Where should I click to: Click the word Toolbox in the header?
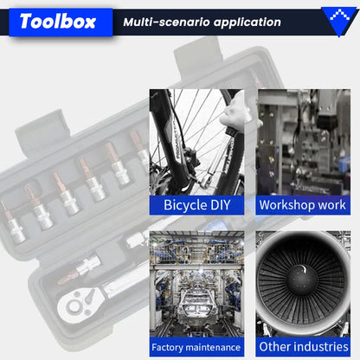pyautogui.click(x=58, y=22)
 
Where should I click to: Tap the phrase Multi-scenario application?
pyautogui.click(x=202, y=22)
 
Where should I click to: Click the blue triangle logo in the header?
pyautogui.click(x=340, y=21)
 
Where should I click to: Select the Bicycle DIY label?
pyautogui.click(x=196, y=205)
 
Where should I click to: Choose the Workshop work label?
pyautogui.click(x=303, y=205)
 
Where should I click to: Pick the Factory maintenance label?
pyautogui.click(x=196, y=347)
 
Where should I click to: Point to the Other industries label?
pyautogui.click(x=304, y=346)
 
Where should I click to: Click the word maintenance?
pyautogui.click(x=215, y=347)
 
